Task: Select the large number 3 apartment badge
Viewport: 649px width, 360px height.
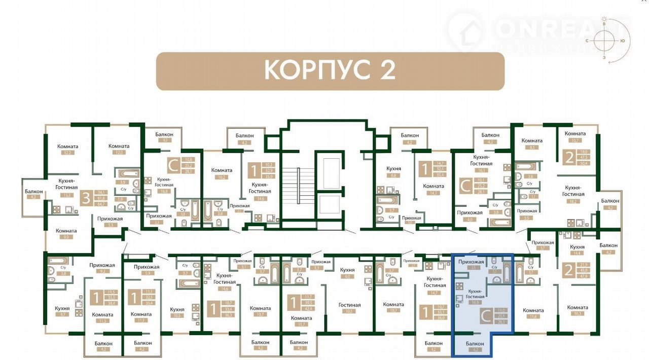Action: click(x=86, y=198)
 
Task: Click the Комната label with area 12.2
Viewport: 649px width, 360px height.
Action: click(x=67, y=146)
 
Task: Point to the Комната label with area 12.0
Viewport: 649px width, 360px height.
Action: click(x=119, y=146)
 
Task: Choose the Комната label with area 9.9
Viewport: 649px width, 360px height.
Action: click(x=66, y=231)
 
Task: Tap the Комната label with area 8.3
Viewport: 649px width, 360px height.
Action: click(x=532, y=140)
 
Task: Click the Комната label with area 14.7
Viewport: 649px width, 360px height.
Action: click(x=434, y=186)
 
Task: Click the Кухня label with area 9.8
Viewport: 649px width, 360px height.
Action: click(x=393, y=168)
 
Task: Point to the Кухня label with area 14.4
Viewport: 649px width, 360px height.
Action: click(x=577, y=247)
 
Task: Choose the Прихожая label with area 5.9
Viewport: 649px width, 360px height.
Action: click(x=147, y=267)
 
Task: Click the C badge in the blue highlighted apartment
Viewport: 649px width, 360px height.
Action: click(x=485, y=317)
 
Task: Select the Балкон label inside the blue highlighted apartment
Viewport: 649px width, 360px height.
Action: click(x=475, y=343)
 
